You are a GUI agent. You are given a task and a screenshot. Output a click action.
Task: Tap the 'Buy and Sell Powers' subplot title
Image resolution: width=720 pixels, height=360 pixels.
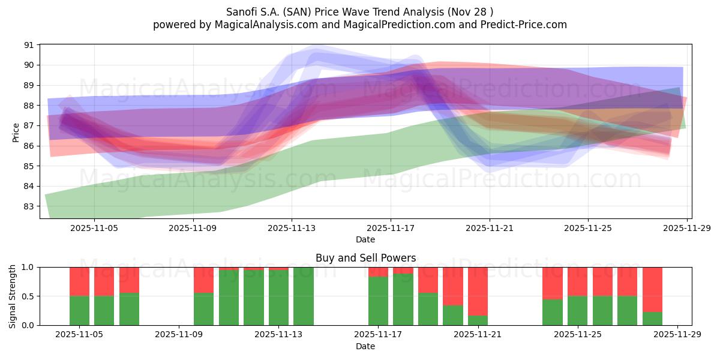(365, 258)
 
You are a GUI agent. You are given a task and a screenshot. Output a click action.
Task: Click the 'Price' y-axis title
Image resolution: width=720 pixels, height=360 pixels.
(16, 131)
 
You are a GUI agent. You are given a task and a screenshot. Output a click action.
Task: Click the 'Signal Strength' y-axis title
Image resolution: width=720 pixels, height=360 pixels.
(13, 296)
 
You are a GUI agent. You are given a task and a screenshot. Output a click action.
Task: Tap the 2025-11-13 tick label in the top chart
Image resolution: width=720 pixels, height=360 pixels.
(291, 228)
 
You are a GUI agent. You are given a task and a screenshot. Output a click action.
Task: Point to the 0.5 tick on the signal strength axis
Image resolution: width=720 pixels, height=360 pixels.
(29, 296)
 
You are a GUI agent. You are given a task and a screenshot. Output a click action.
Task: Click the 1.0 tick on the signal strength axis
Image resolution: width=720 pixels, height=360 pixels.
(29, 267)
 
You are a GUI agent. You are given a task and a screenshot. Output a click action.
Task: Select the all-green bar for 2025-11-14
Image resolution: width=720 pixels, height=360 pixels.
(304, 296)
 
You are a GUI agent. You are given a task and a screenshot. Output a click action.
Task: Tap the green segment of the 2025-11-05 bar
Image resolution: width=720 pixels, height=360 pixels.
(80, 311)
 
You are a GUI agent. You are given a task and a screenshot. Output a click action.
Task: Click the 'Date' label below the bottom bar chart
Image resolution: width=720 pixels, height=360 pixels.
(365, 346)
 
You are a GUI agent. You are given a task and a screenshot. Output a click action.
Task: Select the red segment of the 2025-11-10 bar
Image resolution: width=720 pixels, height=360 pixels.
(204, 280)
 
